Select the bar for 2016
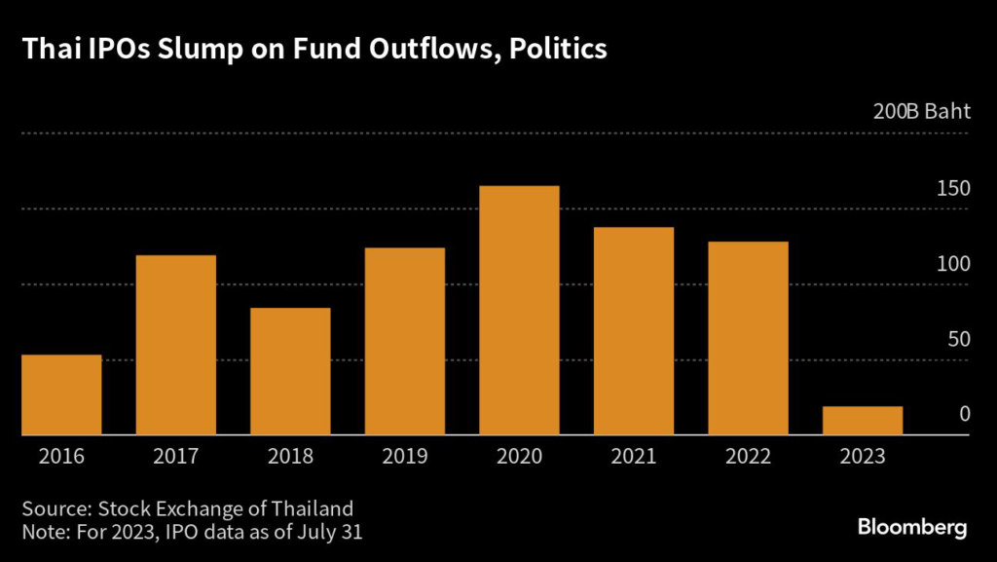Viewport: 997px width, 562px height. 61,394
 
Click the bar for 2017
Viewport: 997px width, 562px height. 175,345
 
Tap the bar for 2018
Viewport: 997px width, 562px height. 290,371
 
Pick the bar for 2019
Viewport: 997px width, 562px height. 404,341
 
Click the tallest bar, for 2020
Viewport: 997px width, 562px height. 519,310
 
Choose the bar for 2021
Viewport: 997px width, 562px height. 633,331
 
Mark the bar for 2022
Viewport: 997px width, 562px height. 748,338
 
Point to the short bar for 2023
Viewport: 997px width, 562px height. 862,421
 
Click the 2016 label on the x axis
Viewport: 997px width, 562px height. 61,456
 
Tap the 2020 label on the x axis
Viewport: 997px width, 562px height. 519,456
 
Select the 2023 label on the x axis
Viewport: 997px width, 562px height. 862,456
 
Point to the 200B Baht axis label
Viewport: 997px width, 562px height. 922,111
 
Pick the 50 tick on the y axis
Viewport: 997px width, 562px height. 958,339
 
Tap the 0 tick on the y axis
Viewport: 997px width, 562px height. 964,414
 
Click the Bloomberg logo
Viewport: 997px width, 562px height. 912,528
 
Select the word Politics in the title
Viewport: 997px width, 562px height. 554,50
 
